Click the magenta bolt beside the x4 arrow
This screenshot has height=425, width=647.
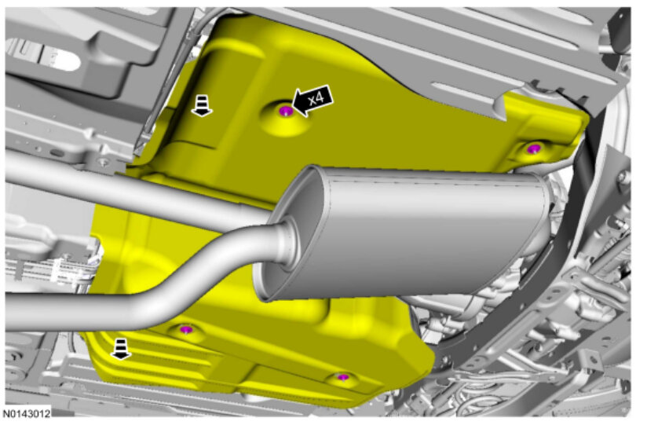coord(286,110)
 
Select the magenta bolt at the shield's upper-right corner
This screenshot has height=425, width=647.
coord(534,148)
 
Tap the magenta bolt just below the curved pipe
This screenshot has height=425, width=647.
coord(187,329)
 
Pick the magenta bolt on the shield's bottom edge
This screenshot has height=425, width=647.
coord(342,376)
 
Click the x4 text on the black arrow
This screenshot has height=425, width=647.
coord(316,99)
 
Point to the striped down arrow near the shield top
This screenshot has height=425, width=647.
coord(201,105)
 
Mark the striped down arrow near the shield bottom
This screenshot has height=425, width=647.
coord(120,349)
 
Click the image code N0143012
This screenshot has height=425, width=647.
coord(27,413)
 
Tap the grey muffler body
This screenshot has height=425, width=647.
coord(413,231)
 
